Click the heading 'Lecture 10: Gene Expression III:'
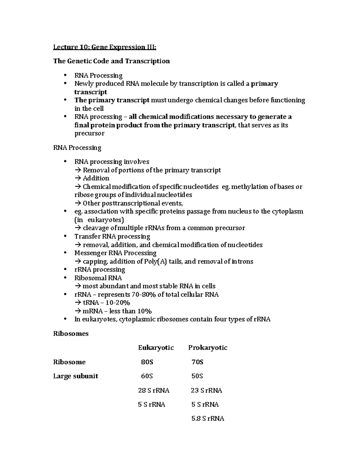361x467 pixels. tap(105, 47)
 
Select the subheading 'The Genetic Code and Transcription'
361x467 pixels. tap(111, 61)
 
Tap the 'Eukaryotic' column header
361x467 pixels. tap(156, 348)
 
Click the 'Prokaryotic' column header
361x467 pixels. tap(208, 348)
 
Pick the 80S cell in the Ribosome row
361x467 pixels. tap(147, 362)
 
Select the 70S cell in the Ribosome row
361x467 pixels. tap(197, 362)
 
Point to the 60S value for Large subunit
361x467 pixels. tap(147, 376)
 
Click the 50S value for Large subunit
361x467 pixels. tap(197, 376)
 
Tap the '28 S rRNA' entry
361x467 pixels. tap(153, 390)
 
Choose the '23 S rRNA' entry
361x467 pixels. tap(206, 390)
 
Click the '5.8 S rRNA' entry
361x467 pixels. tap(208, 419)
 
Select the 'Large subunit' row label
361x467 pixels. tap(76, 376)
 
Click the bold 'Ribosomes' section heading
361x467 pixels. tap(71, 333)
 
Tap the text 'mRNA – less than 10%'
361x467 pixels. tap(117, 311)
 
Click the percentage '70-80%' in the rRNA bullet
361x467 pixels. tap(144, 294)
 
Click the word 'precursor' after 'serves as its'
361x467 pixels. tap(89, 133)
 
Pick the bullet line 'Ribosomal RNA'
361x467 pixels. tap(98, 278)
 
